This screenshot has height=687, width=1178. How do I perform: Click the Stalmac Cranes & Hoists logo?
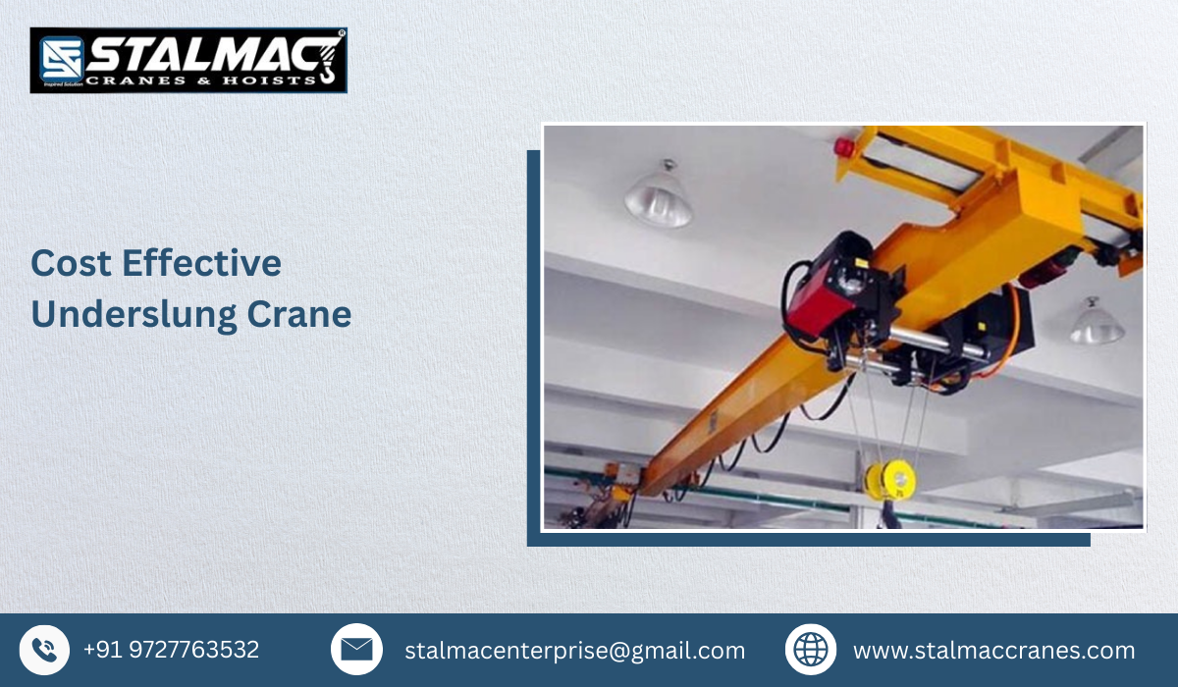coord(188,60)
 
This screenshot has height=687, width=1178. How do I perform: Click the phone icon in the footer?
coord(44,650)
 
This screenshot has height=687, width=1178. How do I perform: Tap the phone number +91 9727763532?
coord(171,650)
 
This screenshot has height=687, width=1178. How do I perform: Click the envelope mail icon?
coord(356,650)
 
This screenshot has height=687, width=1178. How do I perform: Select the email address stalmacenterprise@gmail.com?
coord(574,651)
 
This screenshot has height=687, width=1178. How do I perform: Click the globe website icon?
coord(811,650)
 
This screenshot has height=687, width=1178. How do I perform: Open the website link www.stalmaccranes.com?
coord(993,651)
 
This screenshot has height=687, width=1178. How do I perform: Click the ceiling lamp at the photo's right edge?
coord(1097,325)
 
